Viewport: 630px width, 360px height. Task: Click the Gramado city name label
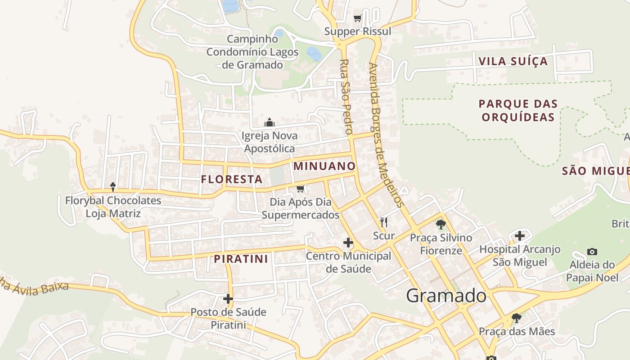pos(446,296)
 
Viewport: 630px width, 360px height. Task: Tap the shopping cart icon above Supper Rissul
pos(358,18)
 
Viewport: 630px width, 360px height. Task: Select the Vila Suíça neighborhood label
pos(513,62)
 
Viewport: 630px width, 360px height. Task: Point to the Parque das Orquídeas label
pos(518,110)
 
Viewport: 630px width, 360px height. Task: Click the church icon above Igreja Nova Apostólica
pos(270,122)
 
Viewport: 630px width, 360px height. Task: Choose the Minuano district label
pos(324,166)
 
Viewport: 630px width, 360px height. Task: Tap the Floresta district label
pos(232,179)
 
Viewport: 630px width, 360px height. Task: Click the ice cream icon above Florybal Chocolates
pos(113,187)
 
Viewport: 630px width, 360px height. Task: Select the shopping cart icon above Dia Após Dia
pos(301,189)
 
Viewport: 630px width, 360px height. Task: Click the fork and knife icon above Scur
pos(384,222)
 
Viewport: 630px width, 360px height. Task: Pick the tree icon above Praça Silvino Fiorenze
pos(441,224)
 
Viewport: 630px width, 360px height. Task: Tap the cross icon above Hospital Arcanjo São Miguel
pos(520,235)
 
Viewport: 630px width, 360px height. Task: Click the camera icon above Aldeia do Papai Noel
pos(592,252)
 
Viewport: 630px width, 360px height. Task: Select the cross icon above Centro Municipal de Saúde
pos(348,243)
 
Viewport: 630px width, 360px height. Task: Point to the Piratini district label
pos(241,259)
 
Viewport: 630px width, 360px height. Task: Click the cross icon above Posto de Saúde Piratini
pos(228,298)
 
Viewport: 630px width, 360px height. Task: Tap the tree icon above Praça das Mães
pos(517,318)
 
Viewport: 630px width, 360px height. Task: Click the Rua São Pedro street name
pos(346,97)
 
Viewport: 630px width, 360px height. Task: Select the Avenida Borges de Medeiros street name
pos(385,135)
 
